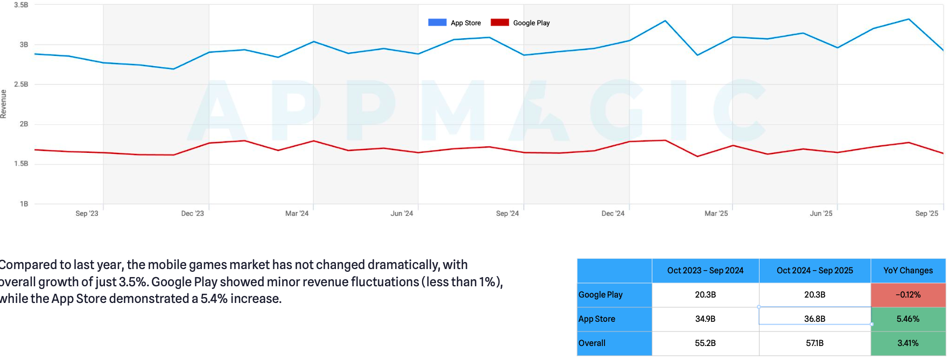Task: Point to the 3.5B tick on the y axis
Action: pos(21,5)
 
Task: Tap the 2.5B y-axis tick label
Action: pos(21,84)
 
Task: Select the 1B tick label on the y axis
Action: pos(24,204)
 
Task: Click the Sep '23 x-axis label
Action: pos(87,214)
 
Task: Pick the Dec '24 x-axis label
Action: pos(613,214)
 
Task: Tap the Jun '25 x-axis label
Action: pos(821,214)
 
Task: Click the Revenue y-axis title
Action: pos(4,104)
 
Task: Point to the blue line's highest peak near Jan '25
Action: pos(665,21)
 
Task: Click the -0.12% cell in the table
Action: pos(908,295)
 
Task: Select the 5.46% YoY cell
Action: pos(908,319)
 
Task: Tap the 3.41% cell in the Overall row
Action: pos(908,343)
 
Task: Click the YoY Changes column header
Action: pos(908,271)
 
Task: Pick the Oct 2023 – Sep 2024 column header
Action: pos(705,271)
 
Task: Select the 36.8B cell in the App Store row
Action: pos(814,319)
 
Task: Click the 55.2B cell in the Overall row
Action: pos(705,343)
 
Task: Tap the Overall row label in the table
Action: pos(592,343)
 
